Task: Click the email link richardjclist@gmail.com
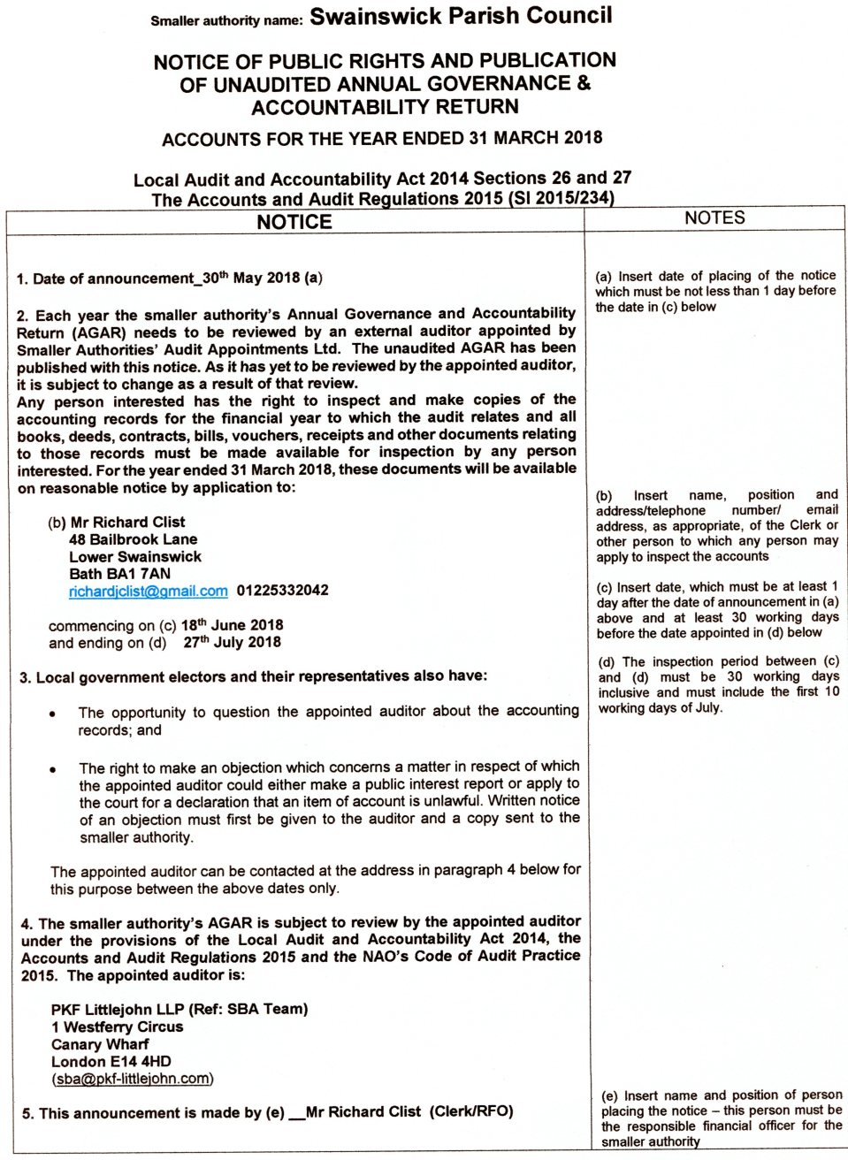(x=148, y=591)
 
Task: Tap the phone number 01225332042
(x=282, y=591)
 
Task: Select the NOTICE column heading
(x=294, y=222)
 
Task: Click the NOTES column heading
(x=714, y=217)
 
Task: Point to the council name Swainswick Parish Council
(x=461, y=16)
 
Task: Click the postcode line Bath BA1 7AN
(x=119, y=574)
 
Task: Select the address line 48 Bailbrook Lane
(x=133, y=539)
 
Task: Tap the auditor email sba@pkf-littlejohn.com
(x=133, y=1079)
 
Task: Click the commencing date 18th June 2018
(x=232, y=625)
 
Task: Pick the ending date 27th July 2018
(x=232, y=643)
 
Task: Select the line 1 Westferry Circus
(x=117, y=1026)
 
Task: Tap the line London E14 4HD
(x=111, y=1061)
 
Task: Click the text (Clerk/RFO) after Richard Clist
(x=471, y=1111)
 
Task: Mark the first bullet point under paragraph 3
(x=53, y=714)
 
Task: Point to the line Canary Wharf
(x=100, y=1044)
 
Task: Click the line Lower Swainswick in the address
(x=135, y=557)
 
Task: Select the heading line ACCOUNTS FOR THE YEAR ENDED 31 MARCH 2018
(x=382, y=138)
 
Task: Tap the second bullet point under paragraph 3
(x=53, y=768)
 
